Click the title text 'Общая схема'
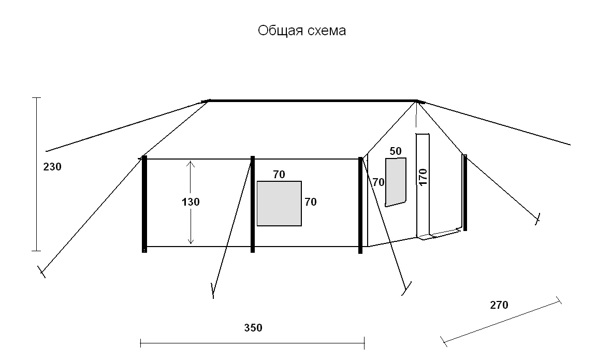[x=301, y=31]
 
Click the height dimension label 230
[x=52, y=167]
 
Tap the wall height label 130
[x=191, y=202]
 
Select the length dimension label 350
[x=253, y=328]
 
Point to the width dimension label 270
[x=499, y=305]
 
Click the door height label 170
[x=423, y=177]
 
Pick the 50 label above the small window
[x=396, y=151]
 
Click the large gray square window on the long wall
[x=279, y=204]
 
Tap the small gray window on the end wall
[x=396, y=182]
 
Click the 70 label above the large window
[x=279, y=175]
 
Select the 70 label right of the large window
[x=310, y=202]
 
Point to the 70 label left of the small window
[x=378, y=182]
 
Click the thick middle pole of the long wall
[x=253, y=204]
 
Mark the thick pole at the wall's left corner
[x=144, y=204]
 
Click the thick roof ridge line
[x=312, y=101]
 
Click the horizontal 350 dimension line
[x=253, y=343]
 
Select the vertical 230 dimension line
[x=37, y=174]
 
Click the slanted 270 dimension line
[x=501, y=321]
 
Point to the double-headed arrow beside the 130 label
[x=191, y=203]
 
